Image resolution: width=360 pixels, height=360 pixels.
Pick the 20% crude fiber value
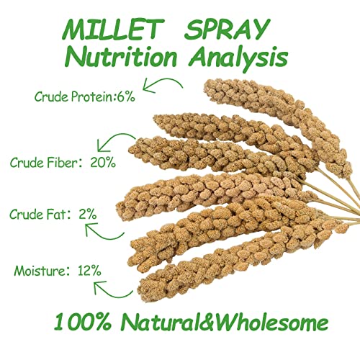(x=104, y=163)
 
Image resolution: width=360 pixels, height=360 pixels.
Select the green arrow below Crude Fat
(x=101, y=230)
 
